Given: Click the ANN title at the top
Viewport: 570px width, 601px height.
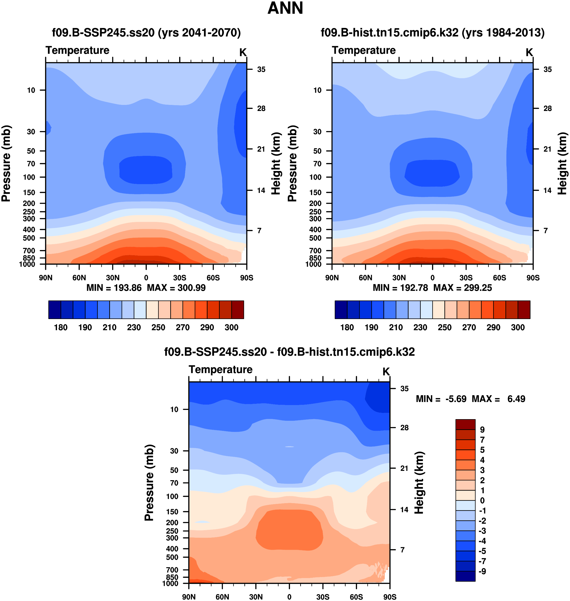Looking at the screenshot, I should point(285,8).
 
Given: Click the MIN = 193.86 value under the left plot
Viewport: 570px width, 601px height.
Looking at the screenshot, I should point(114,288).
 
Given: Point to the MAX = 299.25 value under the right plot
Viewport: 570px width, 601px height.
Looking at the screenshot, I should point(463,288).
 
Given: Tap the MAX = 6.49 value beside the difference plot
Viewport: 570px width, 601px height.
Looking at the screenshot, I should point(498,399).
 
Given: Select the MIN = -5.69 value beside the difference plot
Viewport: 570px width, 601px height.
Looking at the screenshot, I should point(441,399).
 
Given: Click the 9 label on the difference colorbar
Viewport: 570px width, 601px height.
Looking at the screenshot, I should point(482,430).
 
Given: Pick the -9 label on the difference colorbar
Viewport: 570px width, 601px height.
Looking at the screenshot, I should point(482,571).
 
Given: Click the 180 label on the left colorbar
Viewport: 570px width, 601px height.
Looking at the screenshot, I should point(61,327).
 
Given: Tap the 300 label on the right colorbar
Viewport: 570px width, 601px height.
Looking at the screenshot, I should point(518,327).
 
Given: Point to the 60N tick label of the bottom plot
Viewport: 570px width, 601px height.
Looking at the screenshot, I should point(222,597).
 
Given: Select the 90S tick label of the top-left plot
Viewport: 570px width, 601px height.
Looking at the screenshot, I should point(246,278).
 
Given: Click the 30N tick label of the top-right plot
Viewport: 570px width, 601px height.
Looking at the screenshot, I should point(399,278).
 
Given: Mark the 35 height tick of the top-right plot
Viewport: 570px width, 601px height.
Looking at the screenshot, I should point(548,70).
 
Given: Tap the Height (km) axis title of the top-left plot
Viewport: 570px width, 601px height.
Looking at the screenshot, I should point(276,163).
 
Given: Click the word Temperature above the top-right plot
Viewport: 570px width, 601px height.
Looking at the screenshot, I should point(364,50).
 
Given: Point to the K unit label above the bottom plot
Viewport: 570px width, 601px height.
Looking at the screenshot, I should point(386,371).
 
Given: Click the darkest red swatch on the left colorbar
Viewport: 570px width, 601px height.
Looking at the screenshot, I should point(238,310).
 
